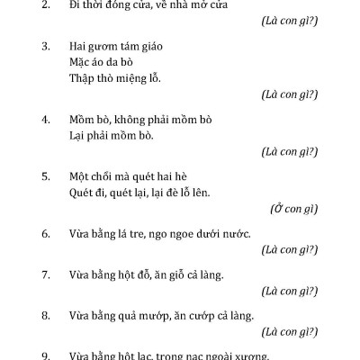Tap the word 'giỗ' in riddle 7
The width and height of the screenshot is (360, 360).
point(174,274)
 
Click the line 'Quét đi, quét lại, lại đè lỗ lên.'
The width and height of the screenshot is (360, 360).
point(139,191)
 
